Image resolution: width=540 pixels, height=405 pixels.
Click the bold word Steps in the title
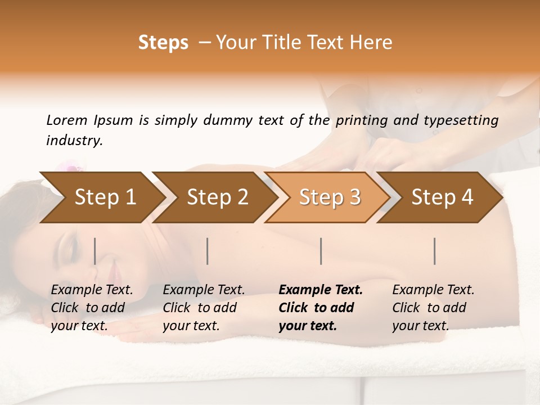point(163,43)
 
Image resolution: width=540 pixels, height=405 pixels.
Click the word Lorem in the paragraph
point(67,120)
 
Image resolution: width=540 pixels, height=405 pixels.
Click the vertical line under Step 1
point(95,251)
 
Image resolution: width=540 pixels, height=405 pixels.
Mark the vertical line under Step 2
point(208,251)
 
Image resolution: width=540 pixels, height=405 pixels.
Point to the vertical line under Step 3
point(321,251)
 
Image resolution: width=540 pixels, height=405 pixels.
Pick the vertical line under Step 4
point(435,251)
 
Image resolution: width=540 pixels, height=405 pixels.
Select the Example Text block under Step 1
point(92,308)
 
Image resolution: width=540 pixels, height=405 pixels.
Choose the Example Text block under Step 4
point(433,308)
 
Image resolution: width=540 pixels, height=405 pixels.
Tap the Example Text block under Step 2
point(204,308)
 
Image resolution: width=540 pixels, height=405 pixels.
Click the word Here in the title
point(374,43)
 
